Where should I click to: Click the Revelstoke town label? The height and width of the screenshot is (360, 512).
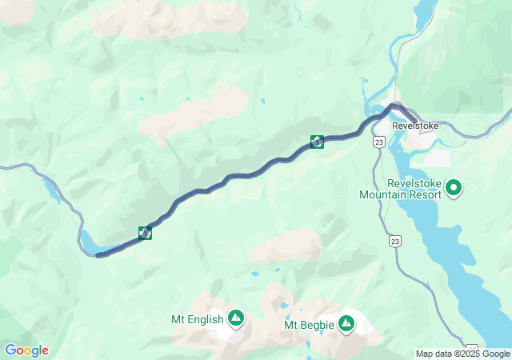[415, 126]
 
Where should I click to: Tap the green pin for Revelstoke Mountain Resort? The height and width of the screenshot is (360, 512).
[454, 189]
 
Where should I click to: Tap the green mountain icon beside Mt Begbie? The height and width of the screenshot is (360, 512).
[346, 324]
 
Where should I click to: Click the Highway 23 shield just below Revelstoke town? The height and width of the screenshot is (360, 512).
[378, 142]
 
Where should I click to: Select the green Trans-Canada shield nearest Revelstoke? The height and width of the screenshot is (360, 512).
[317, 142]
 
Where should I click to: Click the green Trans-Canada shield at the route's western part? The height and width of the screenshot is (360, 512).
[145, 233]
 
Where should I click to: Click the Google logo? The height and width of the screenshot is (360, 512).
[26, 350]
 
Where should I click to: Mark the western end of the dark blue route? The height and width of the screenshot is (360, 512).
[98, 255]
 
